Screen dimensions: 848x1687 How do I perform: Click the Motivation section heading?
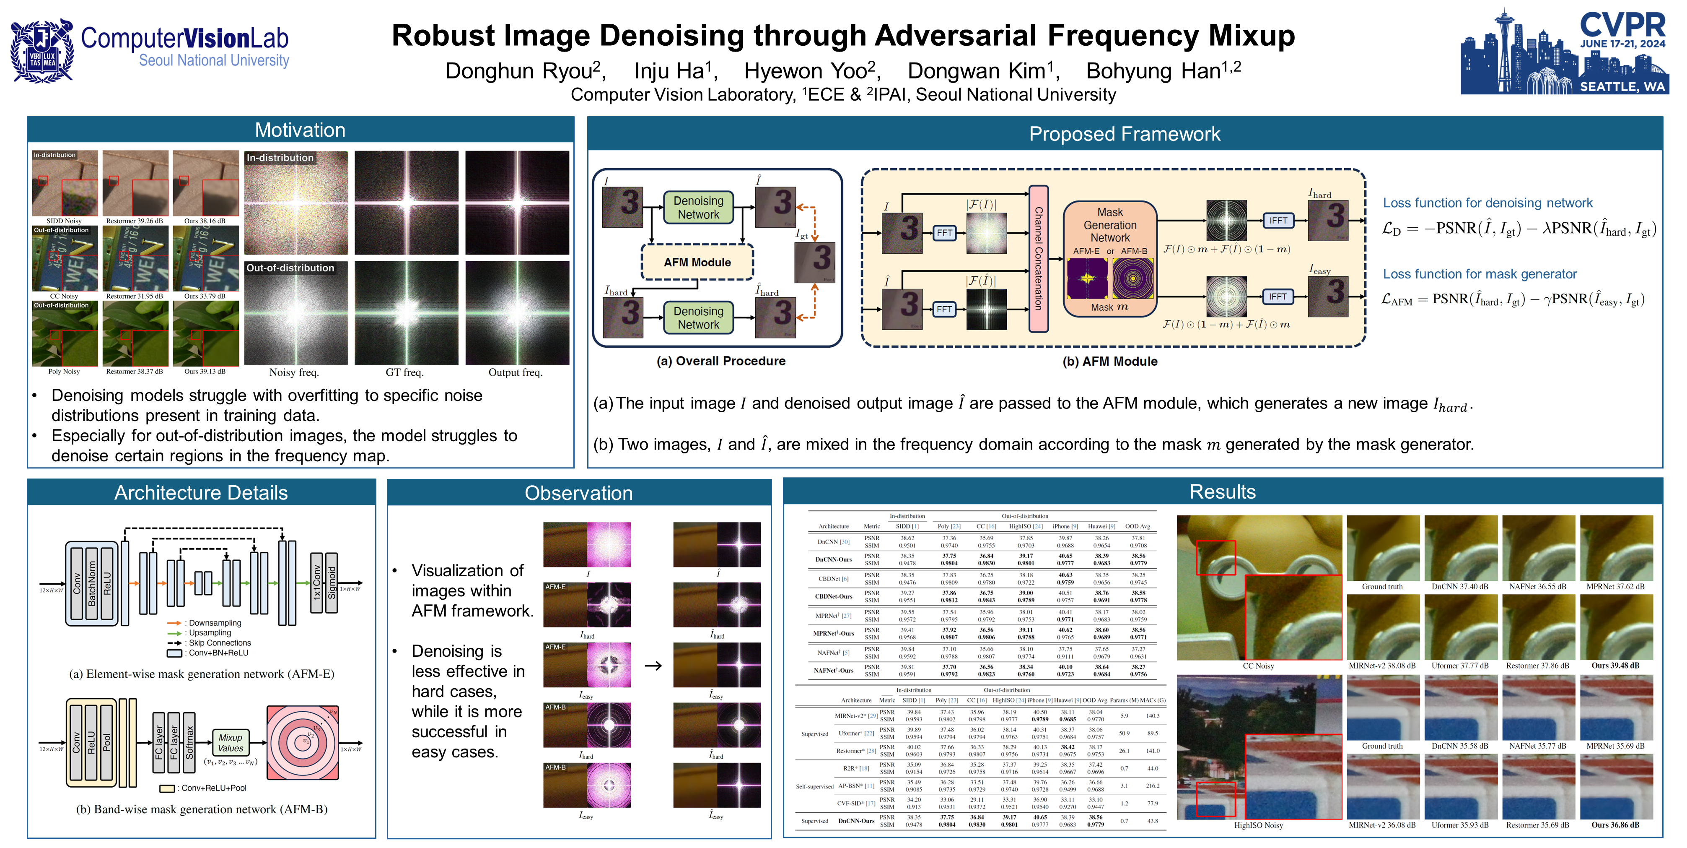(x=300, y=130)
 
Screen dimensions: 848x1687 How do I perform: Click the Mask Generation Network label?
(x=1109, y=225)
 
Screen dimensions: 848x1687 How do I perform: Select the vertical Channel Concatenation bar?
(x=1038, y=258)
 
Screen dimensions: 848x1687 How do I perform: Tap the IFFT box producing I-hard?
(x=1278, y=221)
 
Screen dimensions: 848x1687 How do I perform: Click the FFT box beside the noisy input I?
(x=944, y=233)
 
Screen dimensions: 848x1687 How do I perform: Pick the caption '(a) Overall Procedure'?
(x=720, y=361)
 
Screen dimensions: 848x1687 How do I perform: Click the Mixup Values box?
(x=231, y=742)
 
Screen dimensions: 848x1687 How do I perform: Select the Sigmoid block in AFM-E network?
(x=332, y=582)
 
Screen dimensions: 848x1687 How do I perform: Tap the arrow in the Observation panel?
(x=653, y=666)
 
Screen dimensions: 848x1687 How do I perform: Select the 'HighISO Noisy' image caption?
(x=1258, y=825)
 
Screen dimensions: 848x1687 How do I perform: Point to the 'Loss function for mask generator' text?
(x=1480, y=274)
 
